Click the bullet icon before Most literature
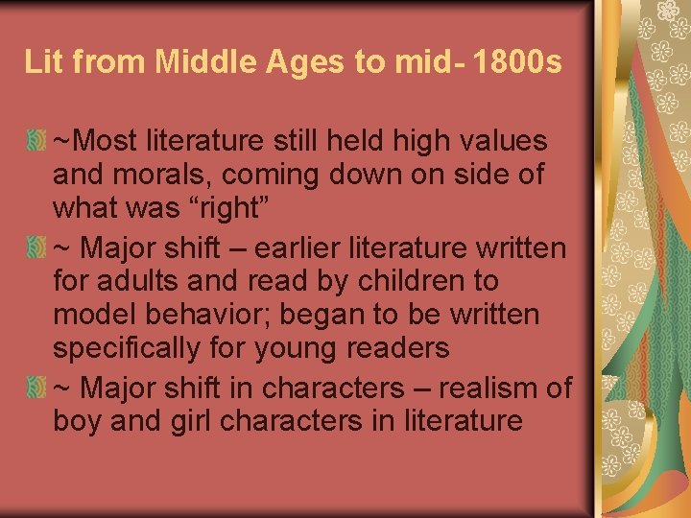[37, 142]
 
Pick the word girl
[196, 422]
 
